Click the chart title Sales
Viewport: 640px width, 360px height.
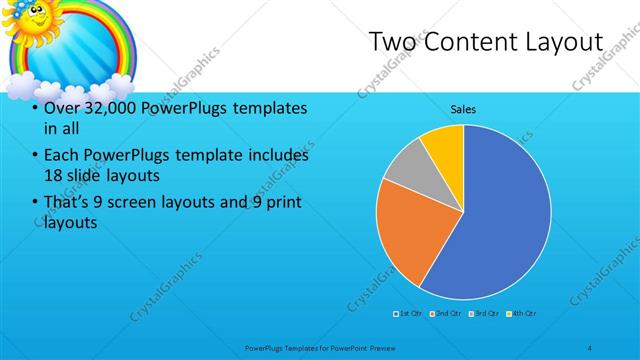pyautogui.click(x=462, y=109)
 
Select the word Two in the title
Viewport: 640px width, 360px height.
pyautogui.click(x=392, y=42)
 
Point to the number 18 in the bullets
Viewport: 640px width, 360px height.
pyautogui.click(x=55, y=175)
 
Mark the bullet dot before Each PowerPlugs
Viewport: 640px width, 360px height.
pyautogui.click(x=35, y=156)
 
